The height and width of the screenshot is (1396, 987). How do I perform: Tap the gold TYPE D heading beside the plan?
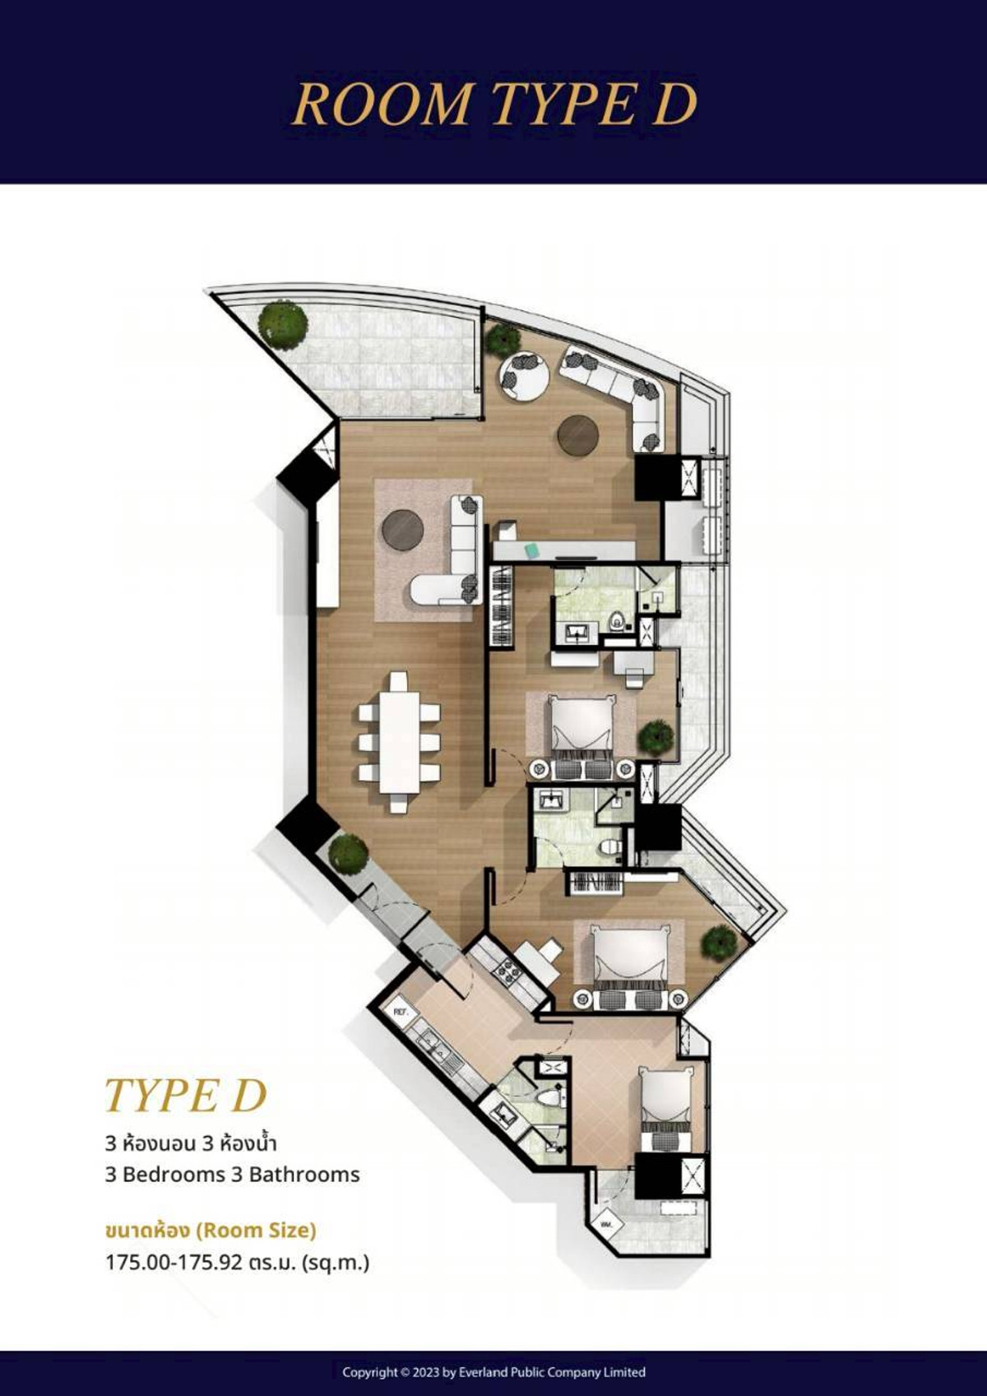click(x=186, y=1096)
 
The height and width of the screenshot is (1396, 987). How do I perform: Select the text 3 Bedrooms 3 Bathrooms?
click(x=232, y=1174)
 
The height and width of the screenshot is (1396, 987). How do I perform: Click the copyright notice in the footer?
click(x=493, y=1371)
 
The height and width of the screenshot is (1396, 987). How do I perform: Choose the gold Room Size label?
click(x=211, y=1230)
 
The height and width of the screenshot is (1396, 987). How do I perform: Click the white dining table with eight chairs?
click(x=400, y=742)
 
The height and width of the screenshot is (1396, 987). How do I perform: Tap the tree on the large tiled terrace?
click(x=282, y=324)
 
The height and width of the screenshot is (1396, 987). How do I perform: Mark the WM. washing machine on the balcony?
click(x=609, y=1223)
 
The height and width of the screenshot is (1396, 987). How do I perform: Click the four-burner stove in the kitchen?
click(x=505, y=972)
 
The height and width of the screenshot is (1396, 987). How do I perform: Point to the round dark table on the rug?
click(x=402, y=529)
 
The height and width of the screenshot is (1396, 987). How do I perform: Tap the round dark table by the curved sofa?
click(x=577, y=435)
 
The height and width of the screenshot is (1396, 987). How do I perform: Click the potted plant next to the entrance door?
click(x=348, y=853)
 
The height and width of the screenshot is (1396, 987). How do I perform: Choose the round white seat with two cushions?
click(x=523, y=376)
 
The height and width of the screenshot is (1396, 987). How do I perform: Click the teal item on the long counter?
click(x=533, y=550)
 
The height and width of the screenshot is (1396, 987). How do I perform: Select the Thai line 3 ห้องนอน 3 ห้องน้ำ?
click(x=191, y=1143)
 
